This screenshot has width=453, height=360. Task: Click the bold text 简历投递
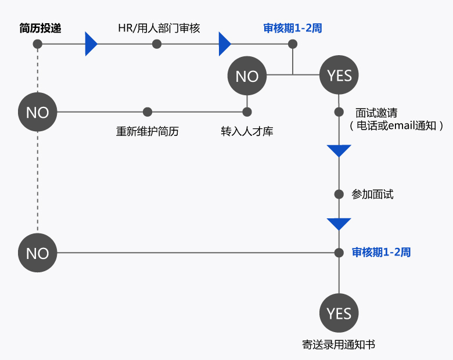40,28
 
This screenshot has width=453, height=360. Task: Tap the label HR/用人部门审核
159,28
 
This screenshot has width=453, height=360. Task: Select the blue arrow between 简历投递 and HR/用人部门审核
90,44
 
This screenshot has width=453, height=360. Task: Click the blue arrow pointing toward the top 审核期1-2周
224,44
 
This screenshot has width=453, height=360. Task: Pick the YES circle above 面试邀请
339,75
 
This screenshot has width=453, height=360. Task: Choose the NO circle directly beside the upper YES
247,77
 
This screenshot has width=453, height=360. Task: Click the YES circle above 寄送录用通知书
339,314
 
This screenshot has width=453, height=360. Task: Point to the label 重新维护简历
148,131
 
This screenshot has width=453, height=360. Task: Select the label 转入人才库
247,131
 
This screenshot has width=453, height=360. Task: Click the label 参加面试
372,195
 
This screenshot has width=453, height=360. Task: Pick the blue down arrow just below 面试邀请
339,151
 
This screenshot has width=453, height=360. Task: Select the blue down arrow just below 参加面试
339,224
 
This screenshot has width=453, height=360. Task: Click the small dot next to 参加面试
339,195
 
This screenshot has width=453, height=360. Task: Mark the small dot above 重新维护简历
148,111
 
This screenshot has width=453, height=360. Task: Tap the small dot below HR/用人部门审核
157,44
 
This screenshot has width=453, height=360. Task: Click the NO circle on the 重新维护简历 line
38,111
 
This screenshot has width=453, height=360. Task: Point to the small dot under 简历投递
38,44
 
